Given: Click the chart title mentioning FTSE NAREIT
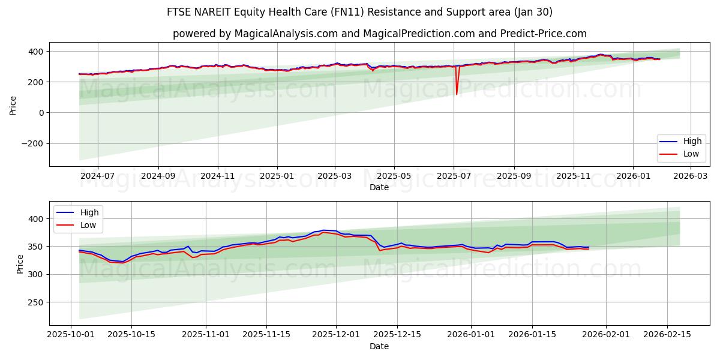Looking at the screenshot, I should point(359,12).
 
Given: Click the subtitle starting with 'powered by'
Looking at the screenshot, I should point(379,34).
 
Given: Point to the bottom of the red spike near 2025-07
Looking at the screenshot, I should point(457,94).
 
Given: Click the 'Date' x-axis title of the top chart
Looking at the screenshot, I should point(379,187).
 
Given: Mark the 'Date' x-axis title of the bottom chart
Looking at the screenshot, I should point(379,346).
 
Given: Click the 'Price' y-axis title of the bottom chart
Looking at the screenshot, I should point(20,263).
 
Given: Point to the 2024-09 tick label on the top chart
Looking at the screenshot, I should point(158,176).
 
